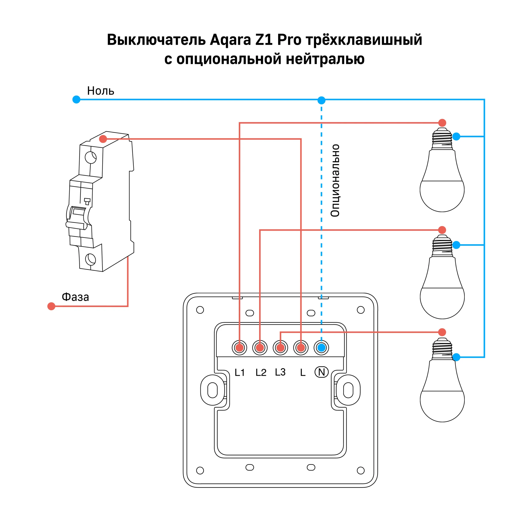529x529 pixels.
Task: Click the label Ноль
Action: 100,91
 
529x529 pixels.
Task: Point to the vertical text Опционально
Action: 335,181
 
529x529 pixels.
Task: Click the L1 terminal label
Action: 239,372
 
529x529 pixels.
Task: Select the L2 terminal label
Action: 261,372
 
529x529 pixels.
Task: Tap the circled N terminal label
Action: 322,372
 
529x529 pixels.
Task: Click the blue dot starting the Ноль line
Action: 76,99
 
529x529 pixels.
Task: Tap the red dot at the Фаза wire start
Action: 51,306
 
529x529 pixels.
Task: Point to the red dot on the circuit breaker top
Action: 103,139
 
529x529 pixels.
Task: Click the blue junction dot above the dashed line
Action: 322,100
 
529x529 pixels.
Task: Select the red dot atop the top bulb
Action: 442,123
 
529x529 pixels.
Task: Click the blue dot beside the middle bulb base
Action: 456,245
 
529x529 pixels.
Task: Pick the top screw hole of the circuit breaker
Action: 91,158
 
